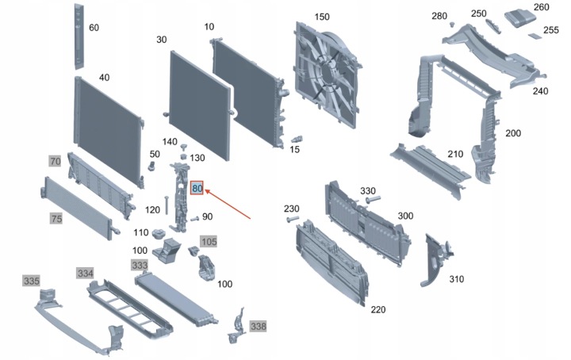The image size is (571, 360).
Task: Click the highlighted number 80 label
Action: [197, 188]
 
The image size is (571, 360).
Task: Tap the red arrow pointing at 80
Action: [228, 204]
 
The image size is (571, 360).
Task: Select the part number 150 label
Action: [322, 17]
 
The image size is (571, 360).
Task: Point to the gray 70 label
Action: [55, 161]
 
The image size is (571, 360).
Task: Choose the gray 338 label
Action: [259, 326]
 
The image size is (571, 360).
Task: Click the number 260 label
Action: [541, 7]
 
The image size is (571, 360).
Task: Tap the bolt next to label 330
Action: [374, 199]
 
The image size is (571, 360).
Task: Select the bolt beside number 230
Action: [293, 220]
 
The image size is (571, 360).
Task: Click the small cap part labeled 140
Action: [184, 147]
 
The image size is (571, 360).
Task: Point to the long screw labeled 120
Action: [167, 205]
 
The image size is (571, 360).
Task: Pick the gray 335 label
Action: [31, 281]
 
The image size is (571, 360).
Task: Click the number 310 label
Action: [456, 279]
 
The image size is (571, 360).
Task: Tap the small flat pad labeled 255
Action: [535, 36]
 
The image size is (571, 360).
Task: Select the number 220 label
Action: [378, 309]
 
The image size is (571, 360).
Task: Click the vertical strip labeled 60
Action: [79, 36]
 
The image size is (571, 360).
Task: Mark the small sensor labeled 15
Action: [297, 140]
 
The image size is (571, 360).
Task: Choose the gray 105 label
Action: [209, 241]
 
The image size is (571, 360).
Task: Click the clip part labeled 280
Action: [452, 25]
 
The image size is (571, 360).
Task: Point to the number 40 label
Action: [104, 78]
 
